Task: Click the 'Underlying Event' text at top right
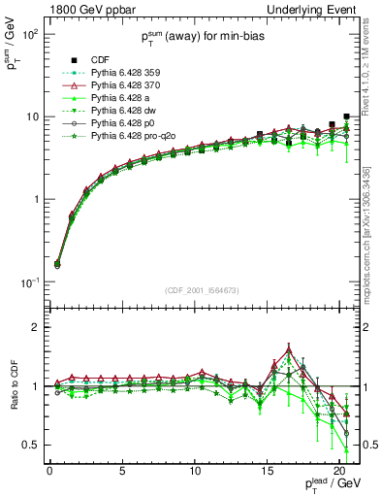[315, 9]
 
